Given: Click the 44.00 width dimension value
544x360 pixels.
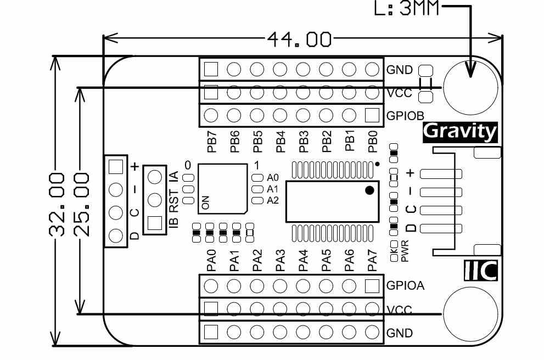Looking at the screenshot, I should point(300,39).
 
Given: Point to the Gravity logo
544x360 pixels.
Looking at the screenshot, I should point(461,132).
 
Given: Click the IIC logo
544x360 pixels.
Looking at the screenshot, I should point(480,270).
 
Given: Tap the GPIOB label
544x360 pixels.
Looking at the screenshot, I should point(405,116).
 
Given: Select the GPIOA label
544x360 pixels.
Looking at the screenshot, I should point(405,286).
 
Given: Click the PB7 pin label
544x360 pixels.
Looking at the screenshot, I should point(211,141).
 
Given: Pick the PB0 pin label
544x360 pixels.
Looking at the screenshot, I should point(372,141).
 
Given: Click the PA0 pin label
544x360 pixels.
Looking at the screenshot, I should point(211,261).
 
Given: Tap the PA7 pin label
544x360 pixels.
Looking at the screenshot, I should point(372,261).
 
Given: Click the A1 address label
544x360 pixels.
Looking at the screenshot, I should point(273,189).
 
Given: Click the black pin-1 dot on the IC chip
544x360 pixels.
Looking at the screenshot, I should point(369,190).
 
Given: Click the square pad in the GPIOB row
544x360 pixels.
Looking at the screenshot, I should point(372,115).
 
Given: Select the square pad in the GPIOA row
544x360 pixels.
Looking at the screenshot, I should point(372,286).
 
